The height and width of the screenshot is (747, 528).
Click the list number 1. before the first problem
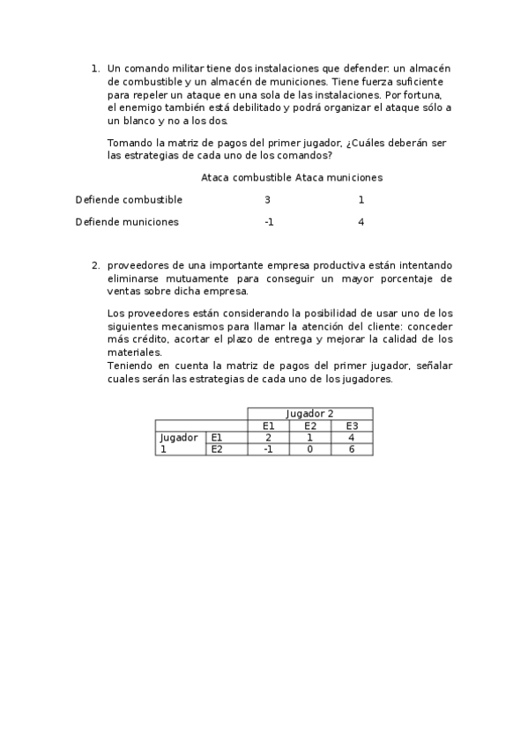(95, 68)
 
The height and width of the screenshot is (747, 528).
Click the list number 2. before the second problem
(95, 265)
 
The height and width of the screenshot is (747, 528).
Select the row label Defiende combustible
(129, 200)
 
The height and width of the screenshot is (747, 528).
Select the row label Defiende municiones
(127, 222)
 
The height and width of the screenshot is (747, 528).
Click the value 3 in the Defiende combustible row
(268, 200)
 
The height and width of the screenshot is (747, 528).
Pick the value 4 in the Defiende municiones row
(361, 222)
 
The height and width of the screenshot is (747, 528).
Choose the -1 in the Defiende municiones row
(268, 222)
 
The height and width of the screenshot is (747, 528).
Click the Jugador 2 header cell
(309, 414)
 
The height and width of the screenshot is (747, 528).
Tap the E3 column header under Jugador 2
(352, 426)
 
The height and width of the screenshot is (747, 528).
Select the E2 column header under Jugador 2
(309, 426)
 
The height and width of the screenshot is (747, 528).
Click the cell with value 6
(352, 449)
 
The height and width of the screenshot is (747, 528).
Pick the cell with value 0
(309, 449)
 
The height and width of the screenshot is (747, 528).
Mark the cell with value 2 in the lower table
(268, 438)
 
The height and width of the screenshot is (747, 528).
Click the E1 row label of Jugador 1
(217, 438)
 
